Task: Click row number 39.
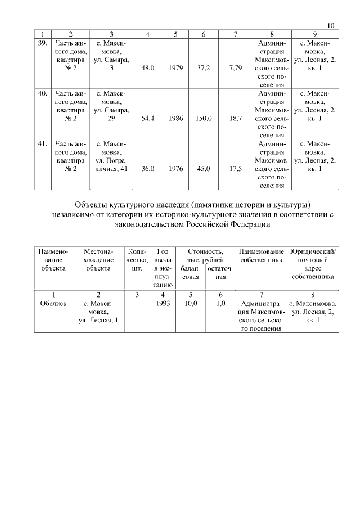point(42,43)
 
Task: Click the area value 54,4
point(147,119)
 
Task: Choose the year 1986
point(175,119)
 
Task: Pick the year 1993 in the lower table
point(163,303)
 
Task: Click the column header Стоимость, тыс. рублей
point(205,255)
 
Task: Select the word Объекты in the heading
point(93,204)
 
